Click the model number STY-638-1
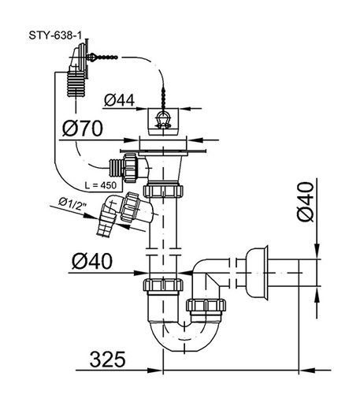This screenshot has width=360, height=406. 55,35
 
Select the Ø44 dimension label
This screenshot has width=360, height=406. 119,100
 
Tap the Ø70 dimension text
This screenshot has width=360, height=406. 83,129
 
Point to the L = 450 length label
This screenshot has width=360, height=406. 101,185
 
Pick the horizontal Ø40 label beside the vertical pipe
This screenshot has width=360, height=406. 92,262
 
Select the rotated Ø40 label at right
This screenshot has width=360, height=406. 306,202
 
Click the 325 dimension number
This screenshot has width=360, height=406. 108,359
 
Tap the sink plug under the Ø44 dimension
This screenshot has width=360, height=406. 163,121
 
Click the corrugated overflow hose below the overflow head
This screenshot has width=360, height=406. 76,84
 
